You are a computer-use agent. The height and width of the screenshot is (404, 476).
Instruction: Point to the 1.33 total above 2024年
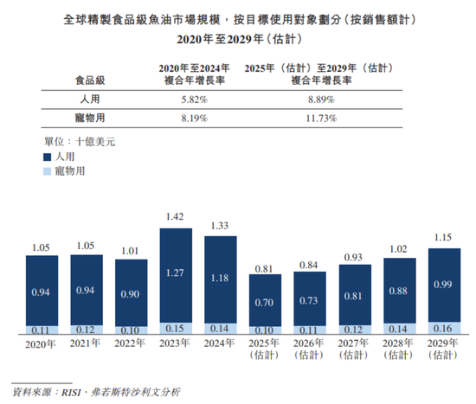(226, 227)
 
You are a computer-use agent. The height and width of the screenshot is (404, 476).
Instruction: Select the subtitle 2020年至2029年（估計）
(238, 39)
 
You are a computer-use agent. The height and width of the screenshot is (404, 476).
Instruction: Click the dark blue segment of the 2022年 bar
(137, 292)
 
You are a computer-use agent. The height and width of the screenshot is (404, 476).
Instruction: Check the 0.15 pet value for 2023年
(182, 328)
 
